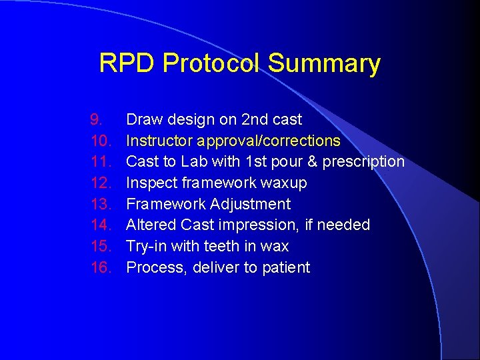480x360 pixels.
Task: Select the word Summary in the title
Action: [x=324, y=64]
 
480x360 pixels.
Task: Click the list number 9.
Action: [x=97, y=120]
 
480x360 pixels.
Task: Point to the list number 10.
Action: [x=99, y=141]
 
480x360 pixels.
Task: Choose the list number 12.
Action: [x=99, y=183]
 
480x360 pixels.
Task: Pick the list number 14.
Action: [x=99, y=225]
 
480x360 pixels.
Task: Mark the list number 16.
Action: [x=99, y=267]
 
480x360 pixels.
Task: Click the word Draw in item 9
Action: [x=143, y=120]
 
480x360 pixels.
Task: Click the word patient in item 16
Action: [x=287, y=267]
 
